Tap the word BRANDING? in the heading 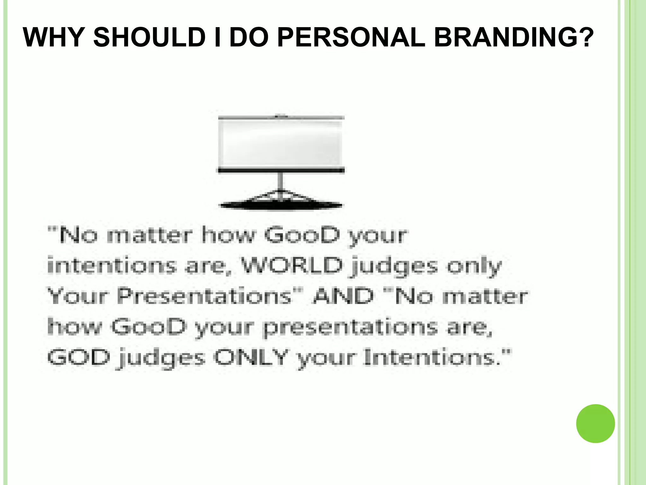click(514, 38)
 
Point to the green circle click(595, 423)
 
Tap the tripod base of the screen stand click(280, 202)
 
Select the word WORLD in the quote click(292, 266)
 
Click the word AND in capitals click(343, 296)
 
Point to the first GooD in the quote click(302, 235)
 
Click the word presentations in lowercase click(350, 327)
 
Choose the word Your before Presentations click(78, 296)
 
